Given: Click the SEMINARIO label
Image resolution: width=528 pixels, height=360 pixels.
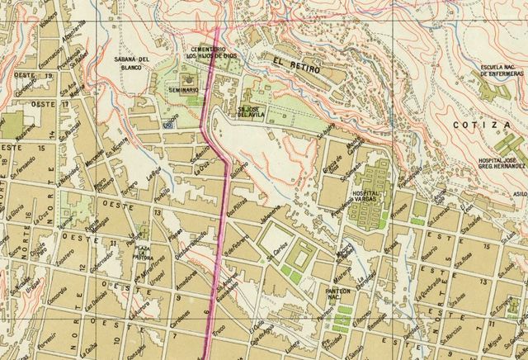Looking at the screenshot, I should tap(184, 88).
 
